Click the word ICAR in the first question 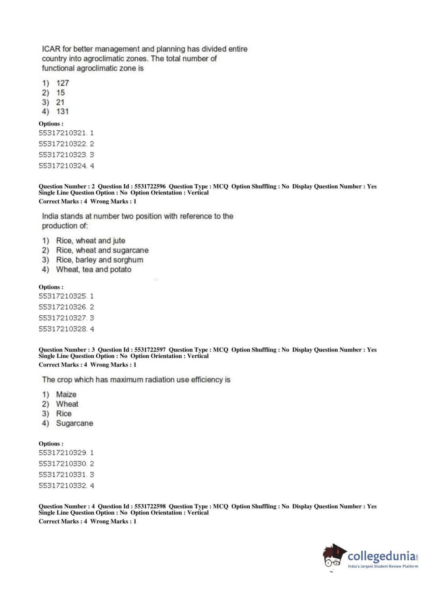tap(51, 49)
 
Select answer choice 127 tap(62, 83)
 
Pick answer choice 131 tap(62, 112)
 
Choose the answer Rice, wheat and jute tap(91, 241)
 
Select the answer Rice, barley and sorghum tap(99, 260)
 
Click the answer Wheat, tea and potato tap(94, 269)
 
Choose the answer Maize tap(66, 394)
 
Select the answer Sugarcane tap(75, 423)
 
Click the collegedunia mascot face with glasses tap(333, 558)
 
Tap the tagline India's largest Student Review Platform tap(383, 566)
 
